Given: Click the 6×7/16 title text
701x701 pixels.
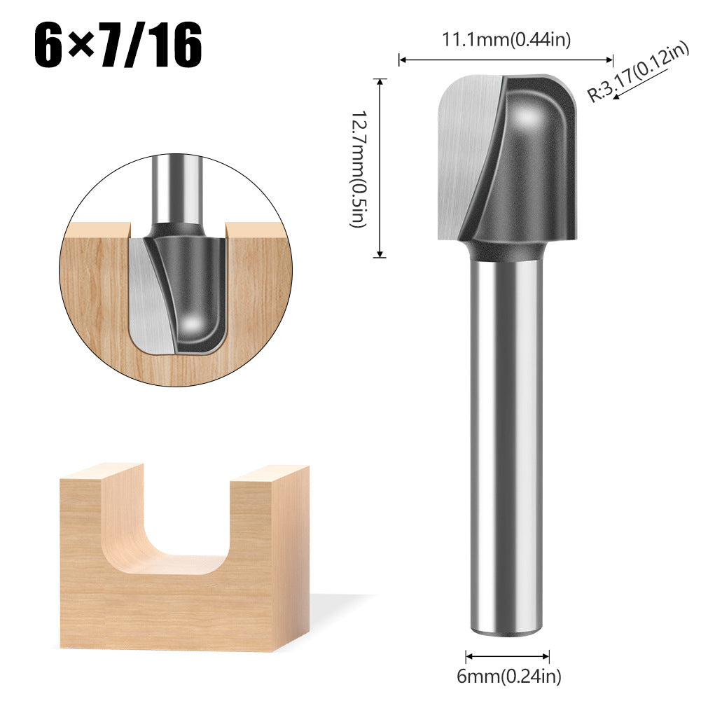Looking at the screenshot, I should (118, 46).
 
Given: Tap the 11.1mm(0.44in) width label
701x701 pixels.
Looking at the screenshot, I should (506, 40).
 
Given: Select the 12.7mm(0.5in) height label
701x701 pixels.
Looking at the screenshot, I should (358, 168).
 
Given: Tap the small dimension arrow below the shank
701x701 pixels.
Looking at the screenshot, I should (507, 656).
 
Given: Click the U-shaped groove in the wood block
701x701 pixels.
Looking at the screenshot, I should (168, 532).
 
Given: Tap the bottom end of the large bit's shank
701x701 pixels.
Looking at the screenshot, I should (506, 627).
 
